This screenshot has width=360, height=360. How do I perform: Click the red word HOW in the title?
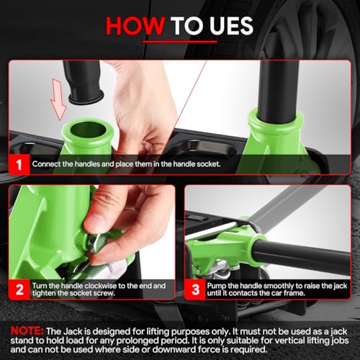click(x=135, y=26)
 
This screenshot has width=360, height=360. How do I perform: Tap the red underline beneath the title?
click(x=180, y=42)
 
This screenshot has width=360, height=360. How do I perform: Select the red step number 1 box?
click(x=19, y=164)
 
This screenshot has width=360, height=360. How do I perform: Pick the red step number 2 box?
click(x=19, y=289)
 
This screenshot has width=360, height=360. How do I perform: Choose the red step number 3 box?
click(x=195, y=289)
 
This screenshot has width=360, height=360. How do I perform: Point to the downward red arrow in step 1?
click(x=58, y=99)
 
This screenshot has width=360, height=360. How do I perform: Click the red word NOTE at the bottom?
click(x=27, y=331)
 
